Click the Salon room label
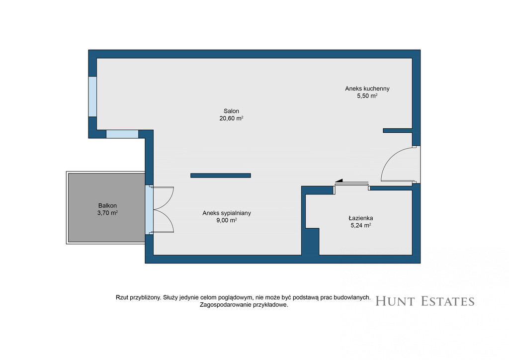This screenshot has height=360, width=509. click(x=231, y=111)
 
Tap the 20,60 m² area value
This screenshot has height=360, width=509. click(x=231, y=118)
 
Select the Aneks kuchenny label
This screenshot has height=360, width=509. click(x=367, y=89)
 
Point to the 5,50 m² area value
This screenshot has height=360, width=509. click(x=367, y=96)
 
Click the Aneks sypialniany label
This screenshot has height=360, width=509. click(x=227, y=213)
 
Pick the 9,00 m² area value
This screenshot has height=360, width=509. click(x=227, y=220)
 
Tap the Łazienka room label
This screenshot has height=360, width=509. click(x=361, y=218)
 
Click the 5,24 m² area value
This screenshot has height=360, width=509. click(x=361, y=226)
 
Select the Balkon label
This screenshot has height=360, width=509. click(x=107, y=206)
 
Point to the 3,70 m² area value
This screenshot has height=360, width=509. click(x=107, y=213)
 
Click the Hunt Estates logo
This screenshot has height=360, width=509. click(x=425, y=301)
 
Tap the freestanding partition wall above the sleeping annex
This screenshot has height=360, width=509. click(x=220, y=176)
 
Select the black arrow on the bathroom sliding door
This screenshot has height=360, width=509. click(x=339, y=180)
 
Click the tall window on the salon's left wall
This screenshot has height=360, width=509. click(x=93, y=96)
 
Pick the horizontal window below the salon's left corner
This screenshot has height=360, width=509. click(x=122, y=134)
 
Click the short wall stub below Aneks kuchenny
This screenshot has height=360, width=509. click(x=398, y=130)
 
